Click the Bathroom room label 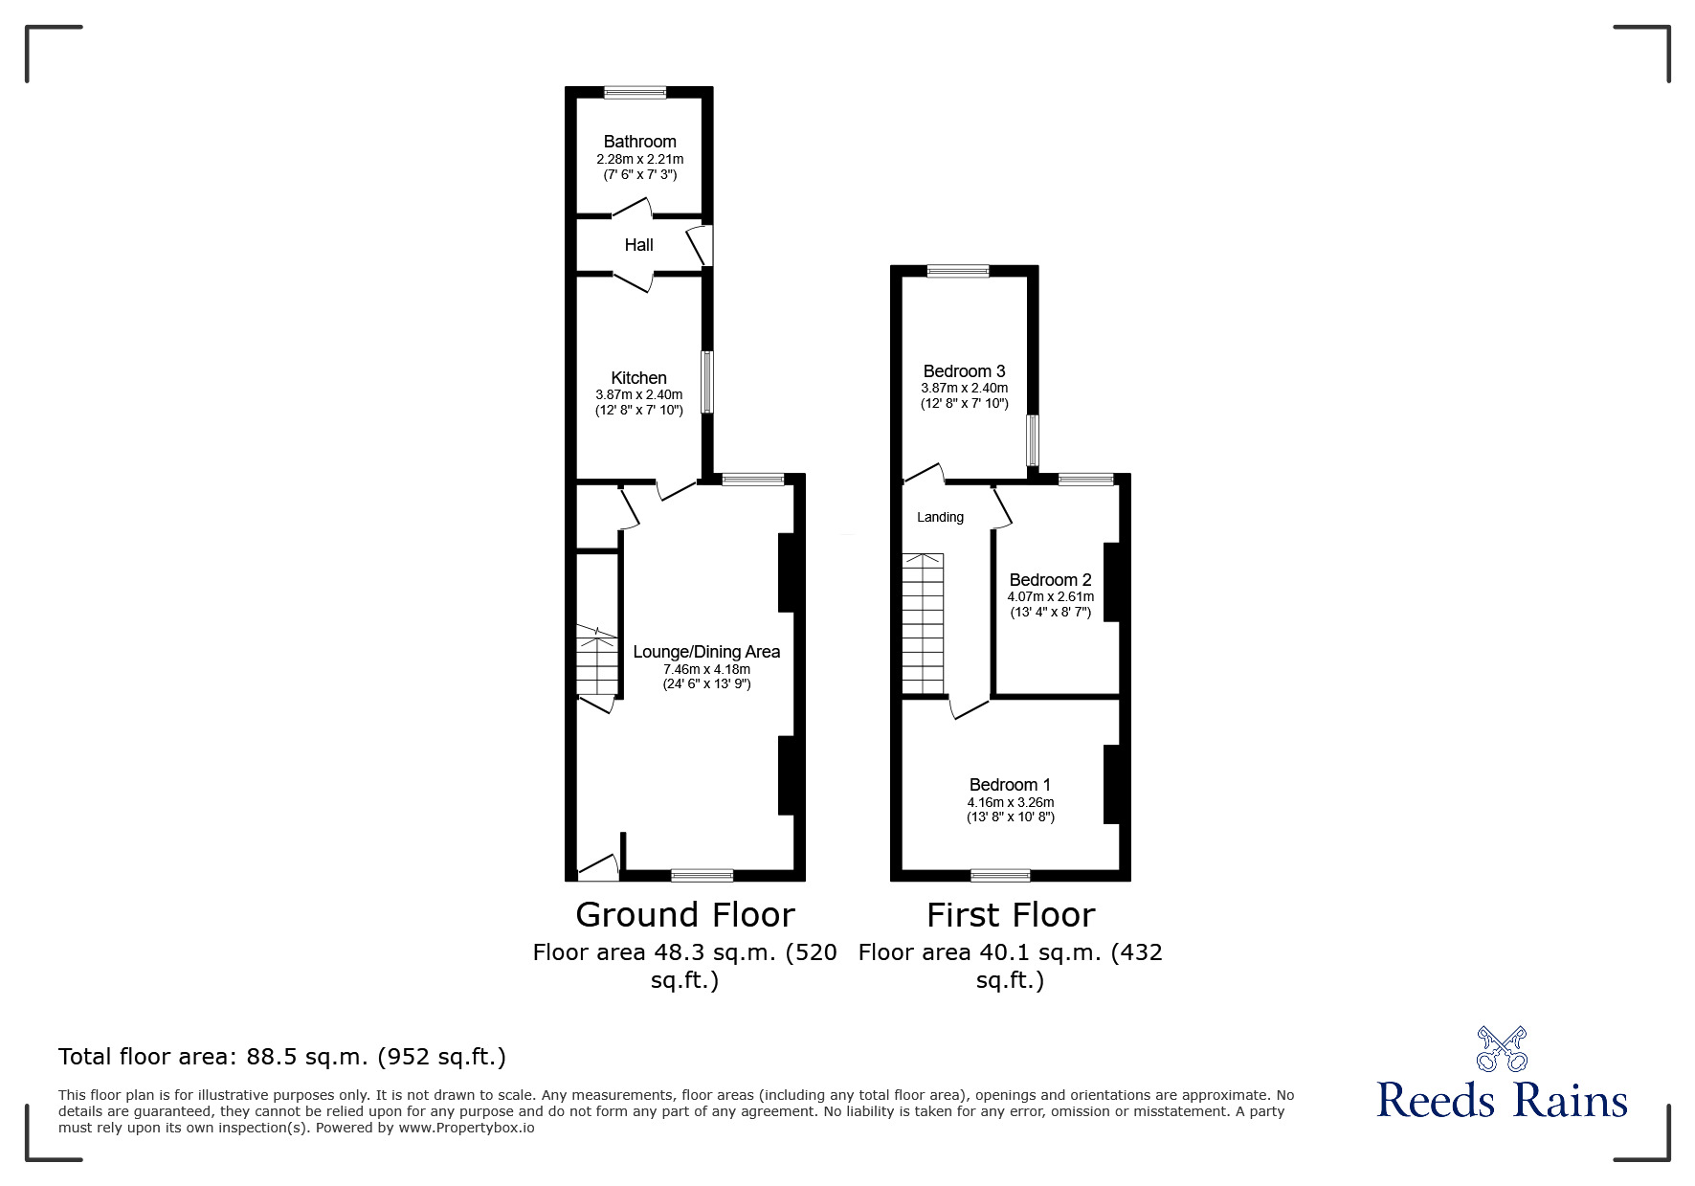[639, 142]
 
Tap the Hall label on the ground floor [638, 245]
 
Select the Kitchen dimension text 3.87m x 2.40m [638, 394]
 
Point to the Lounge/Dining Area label [706, 652]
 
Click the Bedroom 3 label [964, 371]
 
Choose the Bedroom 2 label [1050, 580]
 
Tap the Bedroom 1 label [1010, 785]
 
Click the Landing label [940, 518]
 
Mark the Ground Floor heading [684, 915]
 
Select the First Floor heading [1010, 915]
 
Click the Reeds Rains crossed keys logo [1502, 1049]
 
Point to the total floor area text [282, 1057]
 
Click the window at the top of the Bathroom [635, 93]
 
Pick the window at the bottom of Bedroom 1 [1000, 875]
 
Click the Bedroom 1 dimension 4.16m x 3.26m [1010, 802]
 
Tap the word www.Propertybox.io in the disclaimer [466, 1128]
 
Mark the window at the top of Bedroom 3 [958, 272]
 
